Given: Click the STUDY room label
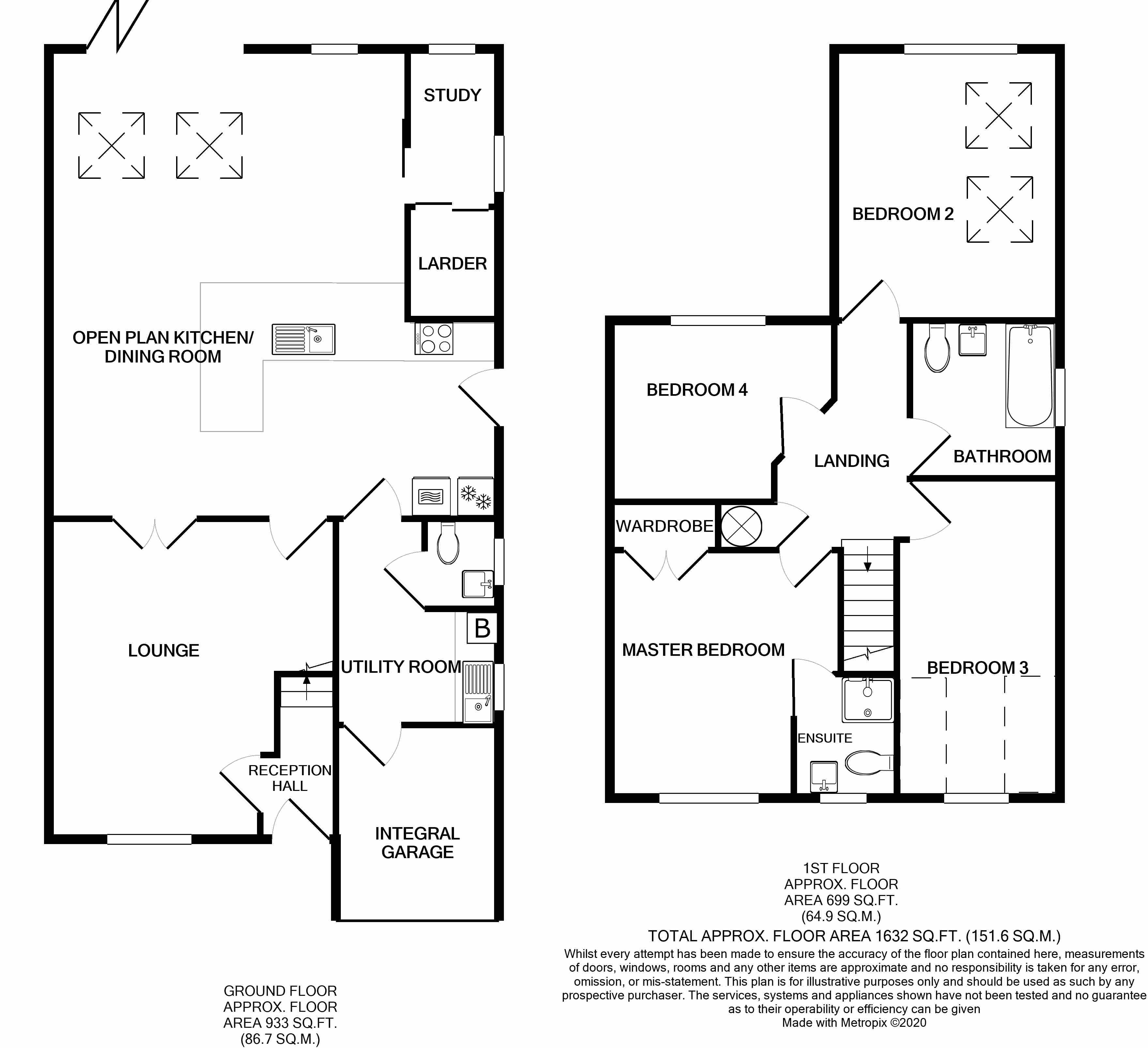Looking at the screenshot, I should tap(452, 95).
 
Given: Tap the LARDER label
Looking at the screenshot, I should tap(452, 264).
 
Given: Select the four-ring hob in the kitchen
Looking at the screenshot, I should tap(434, 339).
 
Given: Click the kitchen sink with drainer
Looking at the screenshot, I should tap(303, 339).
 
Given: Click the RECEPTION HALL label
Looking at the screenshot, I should tap(289, 778).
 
